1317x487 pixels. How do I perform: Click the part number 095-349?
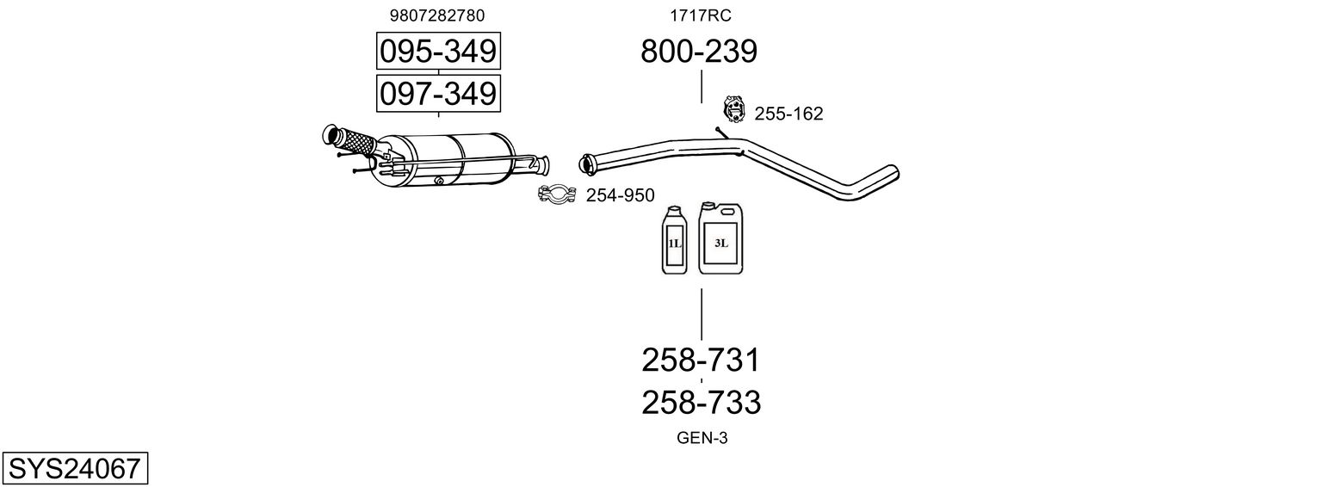tap(438, 51)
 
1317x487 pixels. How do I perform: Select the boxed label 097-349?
tap(438, 94)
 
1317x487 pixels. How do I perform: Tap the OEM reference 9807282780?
tap(437, 15)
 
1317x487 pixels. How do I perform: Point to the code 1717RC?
tap(700, 15)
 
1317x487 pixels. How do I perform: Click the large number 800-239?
tap(699, 51)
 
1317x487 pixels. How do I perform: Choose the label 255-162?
tap(788, 114)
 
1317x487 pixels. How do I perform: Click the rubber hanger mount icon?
tap(733, 108)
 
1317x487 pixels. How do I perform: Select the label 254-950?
tap(621, 195)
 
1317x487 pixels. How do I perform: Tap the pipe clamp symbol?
tap(557, 194)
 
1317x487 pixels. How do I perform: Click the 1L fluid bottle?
tap(674, 240)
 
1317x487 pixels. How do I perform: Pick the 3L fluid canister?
tap(720, 238)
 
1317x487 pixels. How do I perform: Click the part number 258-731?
tap(701, 360)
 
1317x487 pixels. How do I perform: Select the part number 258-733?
tap(701, 403)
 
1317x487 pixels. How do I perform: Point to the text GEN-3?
tap(702, 438)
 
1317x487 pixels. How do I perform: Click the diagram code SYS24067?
tap(75, 468)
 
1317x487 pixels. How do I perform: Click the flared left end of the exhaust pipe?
tap(585, 163)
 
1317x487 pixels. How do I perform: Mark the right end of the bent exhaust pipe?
tap(893, 172)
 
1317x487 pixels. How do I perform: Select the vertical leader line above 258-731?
tap(702, 314)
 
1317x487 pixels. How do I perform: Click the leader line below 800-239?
tap(702, 87)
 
